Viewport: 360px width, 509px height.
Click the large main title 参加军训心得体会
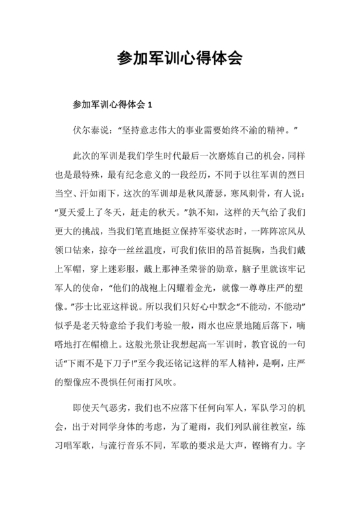coord(180,59)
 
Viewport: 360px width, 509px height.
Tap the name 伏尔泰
coord(89,129)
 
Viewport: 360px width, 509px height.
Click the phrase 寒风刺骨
coord(265,193)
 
